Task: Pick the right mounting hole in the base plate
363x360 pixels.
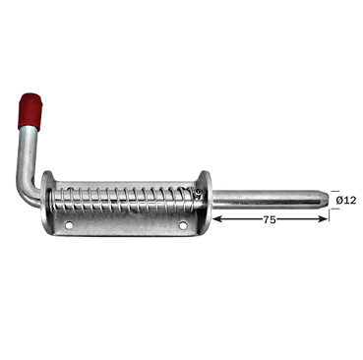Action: pos(184,227)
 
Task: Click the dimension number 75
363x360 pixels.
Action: pos(270,220)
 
